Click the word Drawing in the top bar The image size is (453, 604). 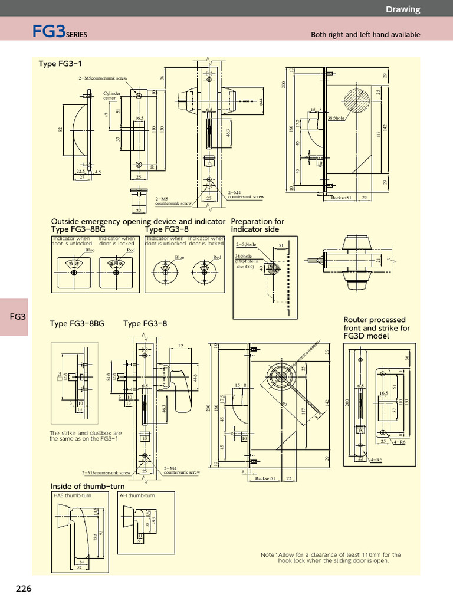[x=403, y=9]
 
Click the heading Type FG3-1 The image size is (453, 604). [x=60, y=64]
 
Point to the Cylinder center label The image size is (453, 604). [x=112, y=96]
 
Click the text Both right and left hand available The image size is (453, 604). [x=365, y=35]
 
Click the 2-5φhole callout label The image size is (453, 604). [x=246, y=244]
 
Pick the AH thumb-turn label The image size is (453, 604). [x=137, y=495]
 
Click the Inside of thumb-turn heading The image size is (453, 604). [x=87, y=486]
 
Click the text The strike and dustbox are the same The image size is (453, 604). [x=86, y=436]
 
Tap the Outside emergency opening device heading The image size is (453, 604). [x=138, y=221]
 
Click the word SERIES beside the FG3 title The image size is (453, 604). [x=76, y=35]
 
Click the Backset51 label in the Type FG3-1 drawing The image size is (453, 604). [x=342, y=198]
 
